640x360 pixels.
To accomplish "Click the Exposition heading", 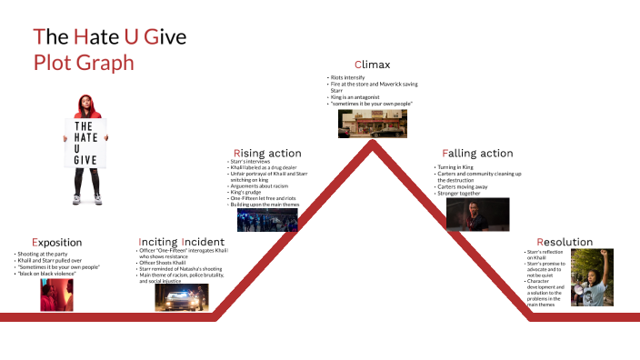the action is point(56,243).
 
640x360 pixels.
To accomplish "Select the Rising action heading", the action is point(267,153).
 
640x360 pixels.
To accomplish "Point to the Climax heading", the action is point(372,65).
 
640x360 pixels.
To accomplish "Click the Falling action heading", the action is point(477,153).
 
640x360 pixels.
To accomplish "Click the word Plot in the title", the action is point(54,63).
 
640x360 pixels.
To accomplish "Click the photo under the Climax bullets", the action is point(373,125).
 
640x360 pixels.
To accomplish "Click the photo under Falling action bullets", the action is point(477,215).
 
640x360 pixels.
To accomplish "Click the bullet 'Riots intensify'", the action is point(349,79).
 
